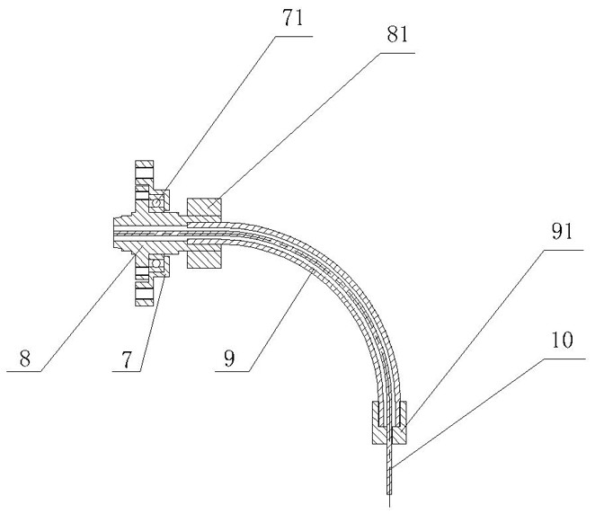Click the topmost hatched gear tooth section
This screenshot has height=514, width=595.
(x=144, y=171)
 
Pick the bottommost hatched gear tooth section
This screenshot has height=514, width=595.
(x=144, y=296)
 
